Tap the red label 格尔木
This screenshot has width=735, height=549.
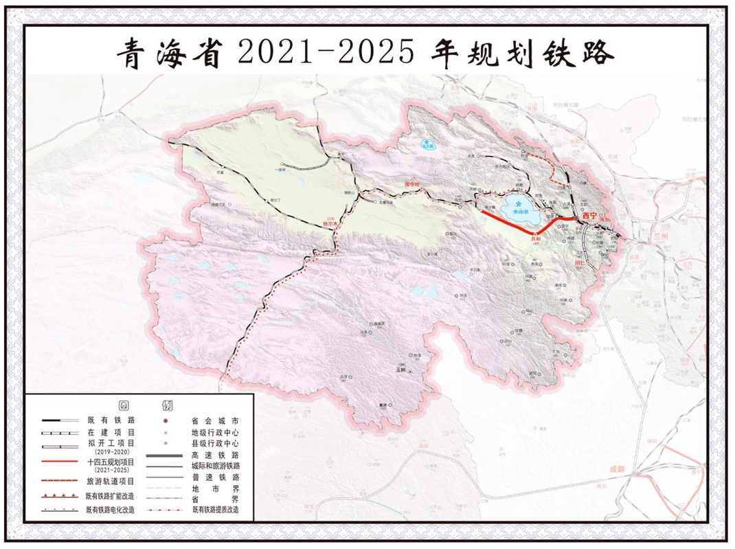click(x=331, y=223)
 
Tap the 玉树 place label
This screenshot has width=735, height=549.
click(x=400, y=370)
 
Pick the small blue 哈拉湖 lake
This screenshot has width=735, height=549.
click(x=429, y=145)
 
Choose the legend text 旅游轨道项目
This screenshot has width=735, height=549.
click(x=111, y=482)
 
